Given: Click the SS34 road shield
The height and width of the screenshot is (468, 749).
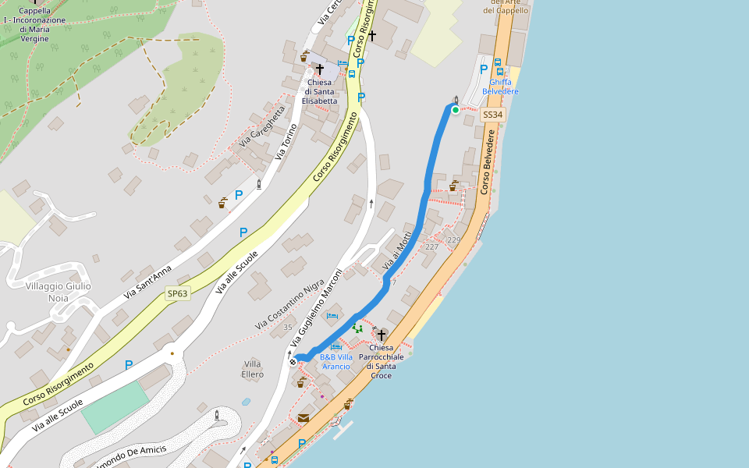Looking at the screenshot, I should (x=493, y=115).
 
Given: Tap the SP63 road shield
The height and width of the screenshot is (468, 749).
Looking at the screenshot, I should (x=177, y=294).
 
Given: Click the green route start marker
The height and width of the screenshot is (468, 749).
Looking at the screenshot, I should (x=456, y=110).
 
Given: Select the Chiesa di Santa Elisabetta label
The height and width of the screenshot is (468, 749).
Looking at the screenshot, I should (x=320, y=91).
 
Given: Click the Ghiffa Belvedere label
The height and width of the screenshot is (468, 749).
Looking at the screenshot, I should (x=500, y=87).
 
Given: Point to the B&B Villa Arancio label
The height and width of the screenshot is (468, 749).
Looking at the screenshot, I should (x=336, y=361).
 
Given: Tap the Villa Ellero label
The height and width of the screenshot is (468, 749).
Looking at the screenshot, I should (x=253, y=369).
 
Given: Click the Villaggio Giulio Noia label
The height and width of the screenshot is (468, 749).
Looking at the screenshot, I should (x=58, y=292).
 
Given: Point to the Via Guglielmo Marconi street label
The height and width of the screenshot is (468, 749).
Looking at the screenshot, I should (x=317, y=308).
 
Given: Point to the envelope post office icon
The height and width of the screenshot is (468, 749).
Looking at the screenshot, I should (x=303, y=418).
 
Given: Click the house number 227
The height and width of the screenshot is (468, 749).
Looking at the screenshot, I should (x=431, y=246).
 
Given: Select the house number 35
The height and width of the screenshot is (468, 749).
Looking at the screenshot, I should (x=288, y=327).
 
